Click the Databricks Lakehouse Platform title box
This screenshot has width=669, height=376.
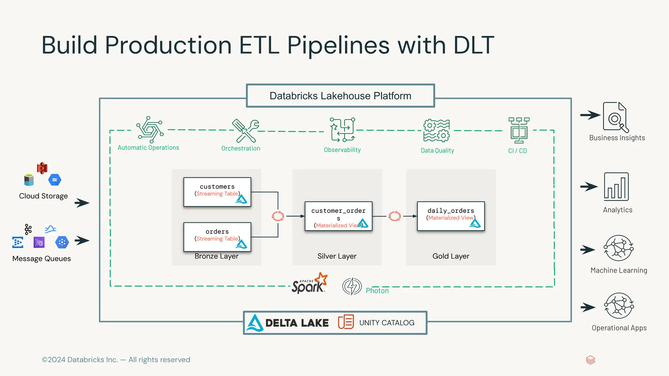[340, 96]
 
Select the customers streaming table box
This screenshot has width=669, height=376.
[217, 192]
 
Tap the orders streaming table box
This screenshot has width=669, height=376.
[217, 237]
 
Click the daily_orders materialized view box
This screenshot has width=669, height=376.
[451, 216]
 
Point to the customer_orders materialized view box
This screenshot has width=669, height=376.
[338, 216]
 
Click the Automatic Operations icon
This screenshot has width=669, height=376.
[150, 130]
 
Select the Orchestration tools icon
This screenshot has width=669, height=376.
[246, 131]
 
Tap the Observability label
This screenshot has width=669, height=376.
[342, 150]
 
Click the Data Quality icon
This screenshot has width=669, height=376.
[436, 131]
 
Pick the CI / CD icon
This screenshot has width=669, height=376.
[519, 130]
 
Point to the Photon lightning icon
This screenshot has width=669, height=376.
[352, 287]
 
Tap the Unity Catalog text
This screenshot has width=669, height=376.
[387, 323]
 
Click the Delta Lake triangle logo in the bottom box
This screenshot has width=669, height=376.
[255, 323]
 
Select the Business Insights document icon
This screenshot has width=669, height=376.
[615, 117]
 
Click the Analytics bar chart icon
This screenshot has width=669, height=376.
[616, 187]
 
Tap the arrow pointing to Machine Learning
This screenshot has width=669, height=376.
[588, 250]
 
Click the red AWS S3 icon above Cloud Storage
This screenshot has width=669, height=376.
[42, 168]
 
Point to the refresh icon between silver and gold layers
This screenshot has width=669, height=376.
[395, 216]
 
